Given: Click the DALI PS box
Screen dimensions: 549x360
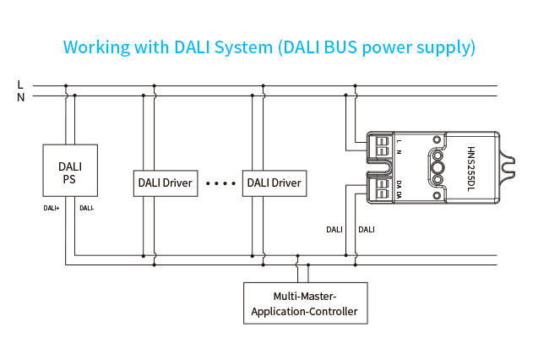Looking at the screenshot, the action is pos(70,170).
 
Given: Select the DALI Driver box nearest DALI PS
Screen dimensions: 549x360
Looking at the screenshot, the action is pos(166,183).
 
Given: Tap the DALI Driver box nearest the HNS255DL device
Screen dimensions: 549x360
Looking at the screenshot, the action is pos(274,183).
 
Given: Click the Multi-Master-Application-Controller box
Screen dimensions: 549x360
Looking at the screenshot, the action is pos(305,303).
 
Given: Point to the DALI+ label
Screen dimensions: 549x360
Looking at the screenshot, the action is pos(52,208).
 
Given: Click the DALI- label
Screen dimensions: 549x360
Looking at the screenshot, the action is pos(86,208).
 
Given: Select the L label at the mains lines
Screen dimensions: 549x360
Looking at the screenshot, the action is pos(20,85).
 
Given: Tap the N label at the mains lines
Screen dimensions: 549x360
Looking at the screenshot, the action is pos(20,97).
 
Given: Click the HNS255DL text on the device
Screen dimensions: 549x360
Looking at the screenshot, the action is pos(471,169).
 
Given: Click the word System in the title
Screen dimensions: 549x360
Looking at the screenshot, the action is pos(243,47).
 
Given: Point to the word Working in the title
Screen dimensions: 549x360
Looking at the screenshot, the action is pos(96,47).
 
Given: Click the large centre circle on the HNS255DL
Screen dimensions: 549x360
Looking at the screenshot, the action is pos(438,167).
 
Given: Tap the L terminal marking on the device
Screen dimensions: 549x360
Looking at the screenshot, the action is pos(399,141).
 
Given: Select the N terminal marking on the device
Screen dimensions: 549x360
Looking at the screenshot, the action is pos(399,152).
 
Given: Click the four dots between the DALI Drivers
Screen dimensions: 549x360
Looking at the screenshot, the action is pos(220,183).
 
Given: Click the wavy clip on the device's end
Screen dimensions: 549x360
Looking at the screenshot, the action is pos(507,167).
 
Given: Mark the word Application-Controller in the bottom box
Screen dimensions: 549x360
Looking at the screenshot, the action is pos(304,311).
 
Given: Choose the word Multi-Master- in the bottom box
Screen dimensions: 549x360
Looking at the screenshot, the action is pos(305,297).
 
